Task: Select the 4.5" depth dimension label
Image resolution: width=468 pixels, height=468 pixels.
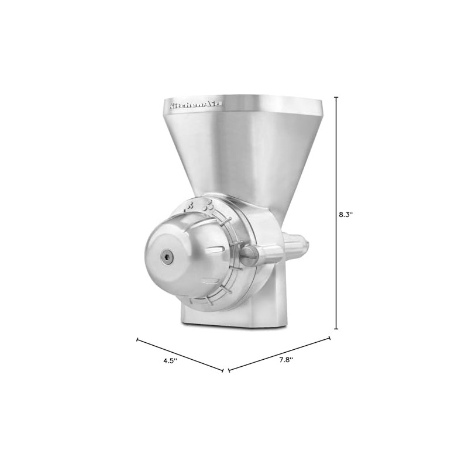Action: click(x=170, y=361)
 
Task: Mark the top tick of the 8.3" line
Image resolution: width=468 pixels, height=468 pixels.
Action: click(x=336, y=98)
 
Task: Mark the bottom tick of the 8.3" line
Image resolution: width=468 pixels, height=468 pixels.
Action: click(x=336, y=329)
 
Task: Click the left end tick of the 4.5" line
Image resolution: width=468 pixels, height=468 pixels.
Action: click(x=137, y=339)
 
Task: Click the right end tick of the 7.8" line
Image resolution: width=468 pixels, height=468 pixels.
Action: click(x=331, y=338)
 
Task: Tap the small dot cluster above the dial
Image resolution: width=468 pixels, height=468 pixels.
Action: click(x=190, y=206)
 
